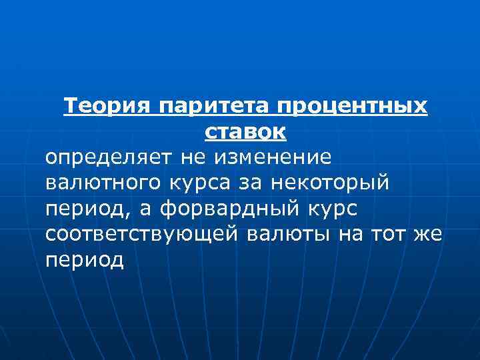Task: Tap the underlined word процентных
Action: click(353, 107)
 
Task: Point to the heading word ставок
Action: click(245, 132)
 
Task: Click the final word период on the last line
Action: click(85, 260)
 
